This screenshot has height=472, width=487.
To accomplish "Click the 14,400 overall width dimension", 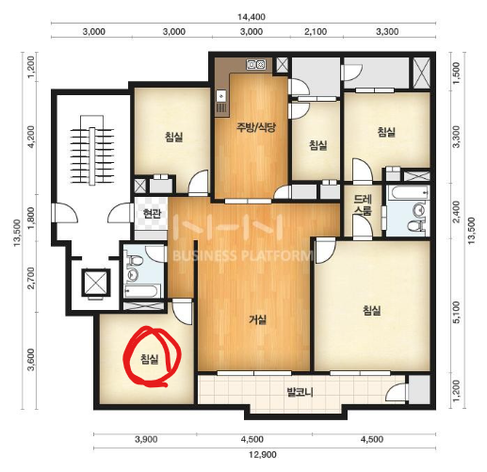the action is pyautogui.click(x=251, y=17).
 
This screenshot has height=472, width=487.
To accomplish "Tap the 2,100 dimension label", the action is pyautogui.click(x=316, y=32).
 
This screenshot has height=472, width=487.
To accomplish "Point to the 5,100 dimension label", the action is pyautogui.click(x=457, y=312).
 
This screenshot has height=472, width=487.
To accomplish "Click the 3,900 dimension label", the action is pyautogui.click(x=146, y=439).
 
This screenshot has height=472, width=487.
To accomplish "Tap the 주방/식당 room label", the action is pyautogui.click(x=256, y=127).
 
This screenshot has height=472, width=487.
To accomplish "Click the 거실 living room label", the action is pyautogui.click(x=258, y=319).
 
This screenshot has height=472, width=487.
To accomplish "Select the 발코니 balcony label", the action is pyautogui.click(x=300, y=392).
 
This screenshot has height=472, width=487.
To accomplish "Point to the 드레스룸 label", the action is pyautogui.click(x=363, y=204).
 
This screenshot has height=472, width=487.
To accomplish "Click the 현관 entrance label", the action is pyautogui.click(x=152, y=214).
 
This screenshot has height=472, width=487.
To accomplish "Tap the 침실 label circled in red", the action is pyautogui.click(x=150, y=359).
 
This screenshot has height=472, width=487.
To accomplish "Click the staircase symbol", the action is pyautogui.click(x=91, y=151).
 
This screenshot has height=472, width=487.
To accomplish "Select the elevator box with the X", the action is pyautogui.click(x=96, y=283).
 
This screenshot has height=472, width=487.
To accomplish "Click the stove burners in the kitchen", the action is pyautogui.click(x=256, y=65).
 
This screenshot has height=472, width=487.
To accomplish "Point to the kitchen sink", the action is pyautogui.click(x=221, y=95).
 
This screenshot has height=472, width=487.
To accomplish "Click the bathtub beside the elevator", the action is pyautogui.click(x=140, y=291).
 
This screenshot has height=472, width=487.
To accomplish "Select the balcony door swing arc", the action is pyautogui.click(x=396, y=392).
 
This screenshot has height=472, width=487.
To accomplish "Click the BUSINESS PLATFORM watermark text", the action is pyautogui.click(x=243, y=255).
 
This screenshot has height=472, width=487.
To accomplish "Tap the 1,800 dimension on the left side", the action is pyautogui.click(x=31, y=218).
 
